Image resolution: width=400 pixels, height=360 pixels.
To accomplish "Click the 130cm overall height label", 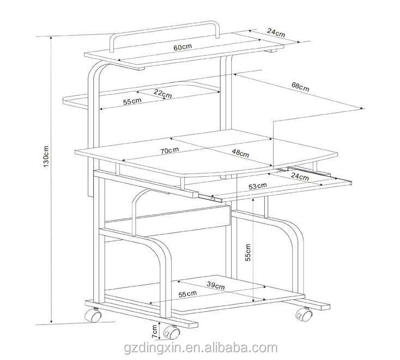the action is point(46,157).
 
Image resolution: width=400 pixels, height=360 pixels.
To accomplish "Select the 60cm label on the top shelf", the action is point(183,47).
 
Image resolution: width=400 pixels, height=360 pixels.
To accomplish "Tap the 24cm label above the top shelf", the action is point(276,33).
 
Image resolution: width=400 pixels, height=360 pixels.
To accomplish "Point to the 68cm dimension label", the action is point(300,86).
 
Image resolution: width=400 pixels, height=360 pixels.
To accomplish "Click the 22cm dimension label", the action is point(163,93).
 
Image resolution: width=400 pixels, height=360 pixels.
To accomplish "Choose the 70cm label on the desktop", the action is point(169,151).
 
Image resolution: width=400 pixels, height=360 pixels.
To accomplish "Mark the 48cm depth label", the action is point(240,153).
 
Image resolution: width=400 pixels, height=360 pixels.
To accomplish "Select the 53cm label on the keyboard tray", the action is point(258,186).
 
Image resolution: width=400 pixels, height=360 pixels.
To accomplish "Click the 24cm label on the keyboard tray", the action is point(300,176).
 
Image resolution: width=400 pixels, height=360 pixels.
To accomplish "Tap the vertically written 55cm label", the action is point(248,252).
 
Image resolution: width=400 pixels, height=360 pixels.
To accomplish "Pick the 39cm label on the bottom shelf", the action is point(216,285).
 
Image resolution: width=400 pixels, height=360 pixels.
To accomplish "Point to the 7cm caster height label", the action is point(155,332).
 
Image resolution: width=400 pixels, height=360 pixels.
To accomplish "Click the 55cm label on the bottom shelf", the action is point(187,294).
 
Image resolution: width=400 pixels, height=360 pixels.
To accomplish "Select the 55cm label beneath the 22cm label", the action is point(132,101).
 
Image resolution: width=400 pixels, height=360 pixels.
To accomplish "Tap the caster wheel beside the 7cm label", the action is point(172,332).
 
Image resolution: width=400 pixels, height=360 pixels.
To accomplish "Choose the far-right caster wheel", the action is point(304,314).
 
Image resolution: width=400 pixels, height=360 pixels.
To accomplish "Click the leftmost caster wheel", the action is point(93,315).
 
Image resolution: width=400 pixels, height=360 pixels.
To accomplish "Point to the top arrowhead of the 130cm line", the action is point(51,38).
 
